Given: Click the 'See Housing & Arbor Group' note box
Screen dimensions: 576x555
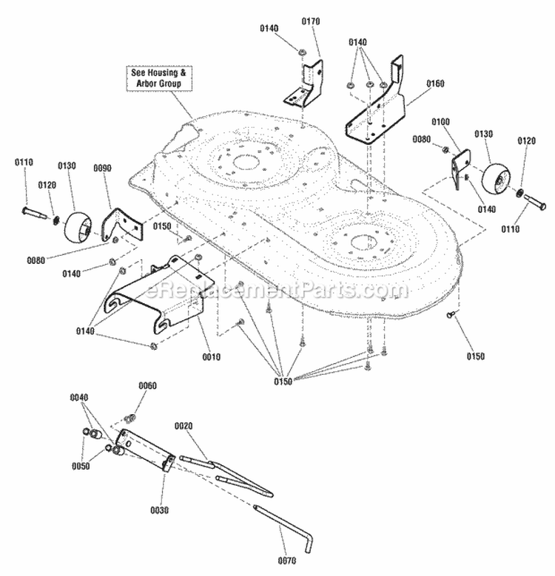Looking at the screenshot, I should pyautogui.click(x=156, y=78).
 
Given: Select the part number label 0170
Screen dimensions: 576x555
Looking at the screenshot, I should pyautogui.click(x=311, y=21).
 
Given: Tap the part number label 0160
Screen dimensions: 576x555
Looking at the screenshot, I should pyautogui.click(x=434, y=84).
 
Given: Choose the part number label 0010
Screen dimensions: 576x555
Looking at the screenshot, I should pyautogui.click(x=211, y=356).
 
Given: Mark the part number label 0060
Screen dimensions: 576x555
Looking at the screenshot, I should pyautogui.click(x=148, y=386).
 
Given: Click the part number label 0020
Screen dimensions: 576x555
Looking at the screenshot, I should pyautogui.click(x=184, y=427).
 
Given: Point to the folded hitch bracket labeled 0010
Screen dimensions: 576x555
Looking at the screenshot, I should pyautogui.click(x=159, y=296).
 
